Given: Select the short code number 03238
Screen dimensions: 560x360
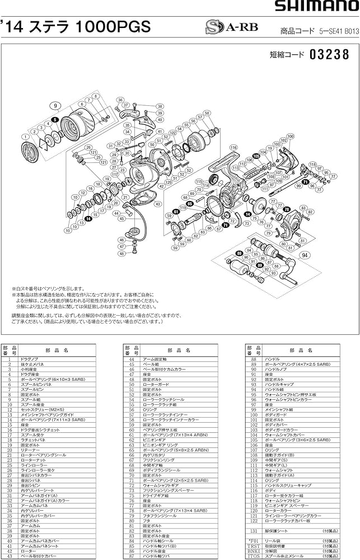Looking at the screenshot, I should point(329,55).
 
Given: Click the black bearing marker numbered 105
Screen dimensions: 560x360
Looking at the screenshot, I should point(256,156).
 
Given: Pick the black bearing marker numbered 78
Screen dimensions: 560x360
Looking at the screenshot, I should point(286,209).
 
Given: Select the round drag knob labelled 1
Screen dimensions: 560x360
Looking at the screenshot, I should point(27,152).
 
